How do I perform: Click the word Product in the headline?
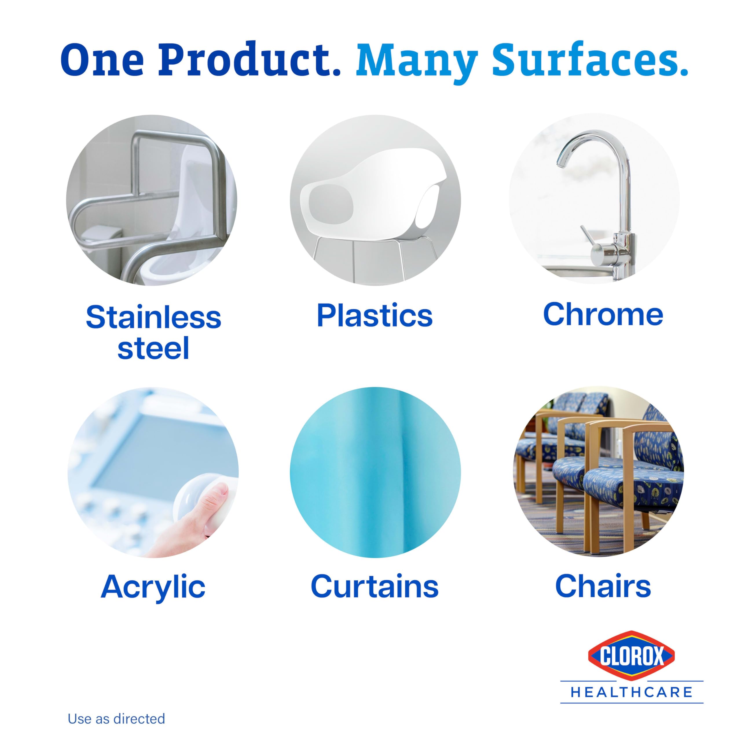click(249, 59)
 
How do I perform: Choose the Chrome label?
click(603, 315)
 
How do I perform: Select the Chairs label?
click(603, 586)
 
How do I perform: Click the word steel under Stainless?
click(153, 348)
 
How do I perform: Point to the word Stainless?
click(153, 318)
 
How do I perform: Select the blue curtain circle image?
click(375, 472)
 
